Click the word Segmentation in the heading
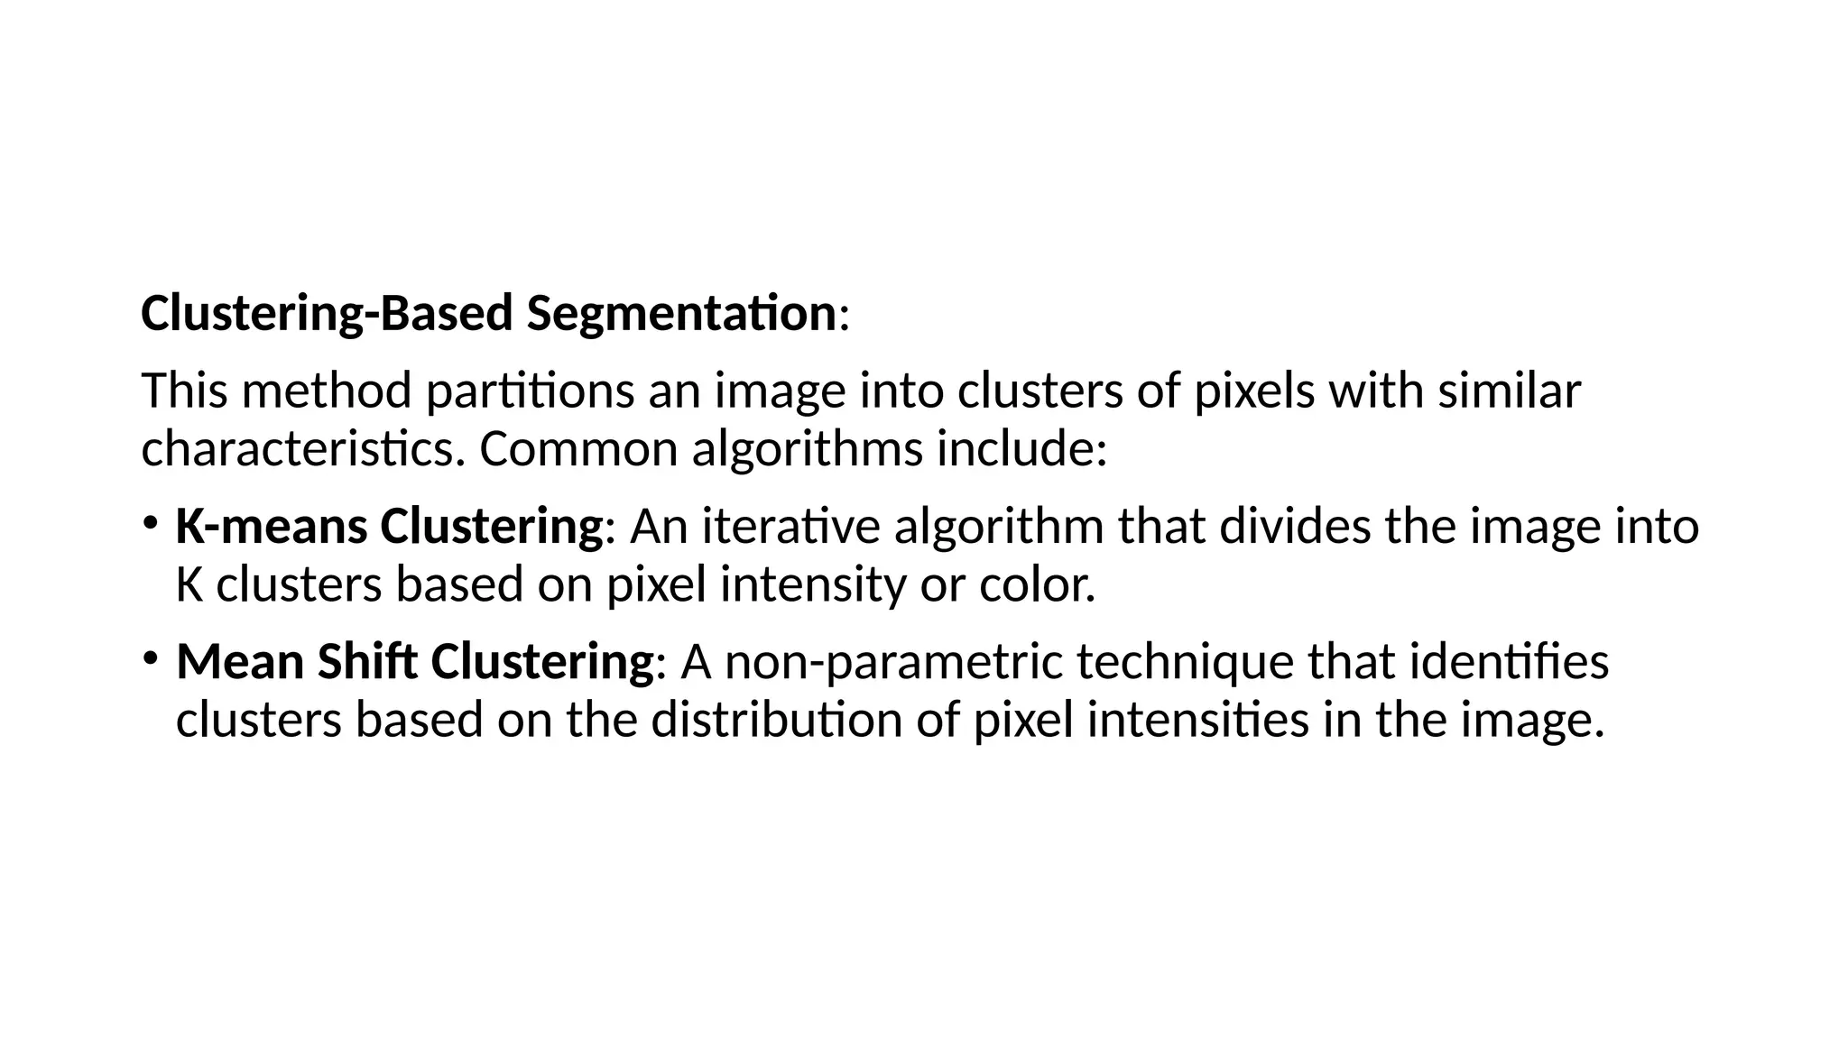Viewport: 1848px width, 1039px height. pyautogui.click(x=681, y=314)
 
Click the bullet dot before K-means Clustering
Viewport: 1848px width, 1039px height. pyautogui.click(x=151, y=522)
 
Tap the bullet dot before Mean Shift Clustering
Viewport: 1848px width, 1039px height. pyautogui.click(x=151, y=657)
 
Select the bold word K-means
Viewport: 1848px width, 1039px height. pyautogui.click(x=271, y=527)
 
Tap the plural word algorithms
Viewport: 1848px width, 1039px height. pyautogui.click(x=807, y=449)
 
